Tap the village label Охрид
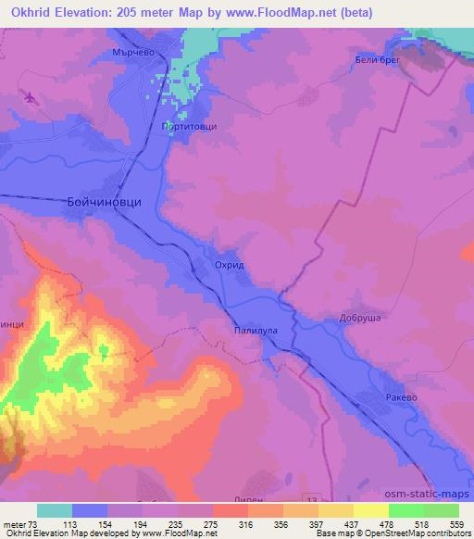[229, 265]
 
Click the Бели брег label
[376, 60]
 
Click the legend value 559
[458, 524]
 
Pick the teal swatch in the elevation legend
[55, 510]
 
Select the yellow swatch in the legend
[371, 510]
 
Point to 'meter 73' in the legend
[18, 524]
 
